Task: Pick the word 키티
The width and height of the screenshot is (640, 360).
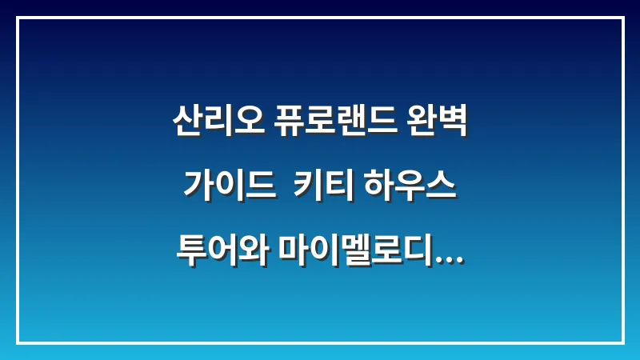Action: click(x=324, y=188)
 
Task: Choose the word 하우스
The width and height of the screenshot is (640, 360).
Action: click(x=410, y=188)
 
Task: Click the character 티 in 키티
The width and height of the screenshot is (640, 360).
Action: click(x=339, y=188)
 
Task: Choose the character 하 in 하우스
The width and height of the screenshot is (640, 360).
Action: click(x=380, y=188)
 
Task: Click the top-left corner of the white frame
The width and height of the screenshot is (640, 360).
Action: click(x=18, y=18)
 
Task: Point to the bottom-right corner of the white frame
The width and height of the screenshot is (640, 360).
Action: click(x=622, y=342)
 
